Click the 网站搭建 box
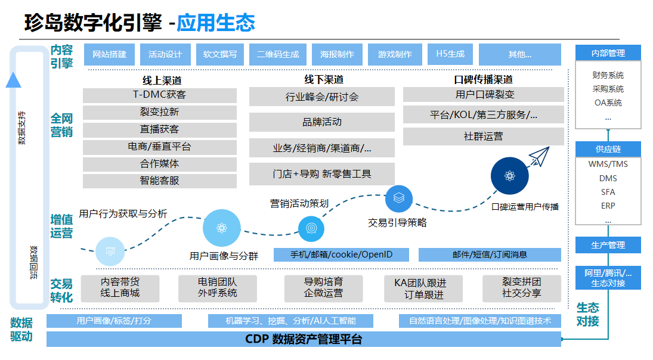(109, 54)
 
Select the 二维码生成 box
(278, 54)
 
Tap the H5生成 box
(450, 54)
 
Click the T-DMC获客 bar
(159, 95)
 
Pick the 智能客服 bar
(159, 181)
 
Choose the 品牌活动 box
(321, 122)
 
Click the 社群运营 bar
(483, 136)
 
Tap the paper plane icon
(539, 156)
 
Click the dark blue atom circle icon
(509, 176)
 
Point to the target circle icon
(311, 227)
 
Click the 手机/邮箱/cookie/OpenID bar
(342, 255)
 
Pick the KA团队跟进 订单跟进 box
(424, 288)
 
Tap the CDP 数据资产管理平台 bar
(304, 340)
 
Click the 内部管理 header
(608, 53)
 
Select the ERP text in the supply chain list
(608, 206)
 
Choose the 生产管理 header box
(608, 245)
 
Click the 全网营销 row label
(61, 125)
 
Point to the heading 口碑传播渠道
(483, 79)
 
